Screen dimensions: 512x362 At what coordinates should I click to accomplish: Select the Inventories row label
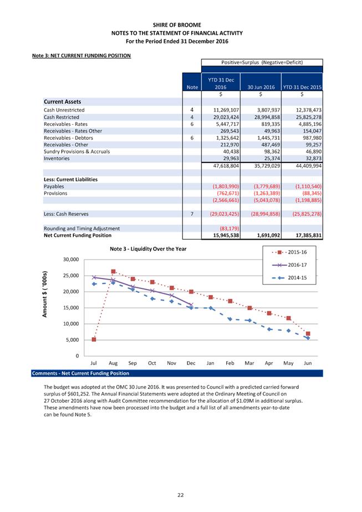pos(57,158)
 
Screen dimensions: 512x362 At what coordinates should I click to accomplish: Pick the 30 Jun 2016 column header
pos(259,87)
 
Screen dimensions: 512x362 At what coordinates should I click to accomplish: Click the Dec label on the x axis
pos(191,363)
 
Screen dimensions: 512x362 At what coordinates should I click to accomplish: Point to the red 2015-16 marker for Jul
pos(94,339)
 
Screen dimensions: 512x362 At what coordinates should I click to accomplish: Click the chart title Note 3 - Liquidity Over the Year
pos(147,249)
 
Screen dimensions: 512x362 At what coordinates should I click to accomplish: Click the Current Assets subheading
pos(62,102)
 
